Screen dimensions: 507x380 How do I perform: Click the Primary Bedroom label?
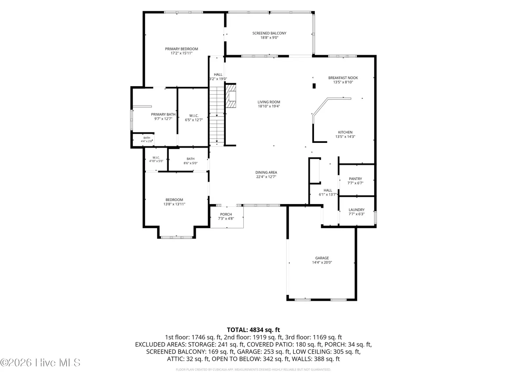coord(181,49)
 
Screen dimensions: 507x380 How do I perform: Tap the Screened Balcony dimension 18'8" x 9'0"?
coord(269,38)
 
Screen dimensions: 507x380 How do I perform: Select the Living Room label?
coord(269,102)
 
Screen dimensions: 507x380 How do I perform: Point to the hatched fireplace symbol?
coord(231,96)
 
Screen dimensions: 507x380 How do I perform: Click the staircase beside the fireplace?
coord(217,116)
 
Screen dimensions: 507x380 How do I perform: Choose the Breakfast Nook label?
coord(343,78)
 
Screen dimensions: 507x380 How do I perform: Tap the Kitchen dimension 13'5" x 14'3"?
coord(345,137)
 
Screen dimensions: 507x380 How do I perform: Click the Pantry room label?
coord(355,179)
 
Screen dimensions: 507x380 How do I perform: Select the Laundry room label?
coord(356,210)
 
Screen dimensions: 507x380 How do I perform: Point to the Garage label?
coord(322,258)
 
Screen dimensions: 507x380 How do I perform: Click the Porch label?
coord(226,214)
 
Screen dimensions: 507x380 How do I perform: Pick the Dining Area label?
coord(266,172)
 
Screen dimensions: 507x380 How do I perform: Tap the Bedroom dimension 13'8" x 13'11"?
coord(174,204)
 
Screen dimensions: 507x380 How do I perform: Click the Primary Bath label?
coord(163,114)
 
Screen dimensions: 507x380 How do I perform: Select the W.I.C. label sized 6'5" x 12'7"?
coord(194,116)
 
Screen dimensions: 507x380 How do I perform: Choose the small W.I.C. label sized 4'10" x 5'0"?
coord(156,158)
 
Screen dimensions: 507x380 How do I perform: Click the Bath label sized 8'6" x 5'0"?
coord(190,159)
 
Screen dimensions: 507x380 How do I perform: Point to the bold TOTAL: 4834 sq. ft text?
coord(254,330)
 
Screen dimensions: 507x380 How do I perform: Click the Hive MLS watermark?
coord(40,363)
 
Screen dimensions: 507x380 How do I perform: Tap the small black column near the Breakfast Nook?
coord(314,86)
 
